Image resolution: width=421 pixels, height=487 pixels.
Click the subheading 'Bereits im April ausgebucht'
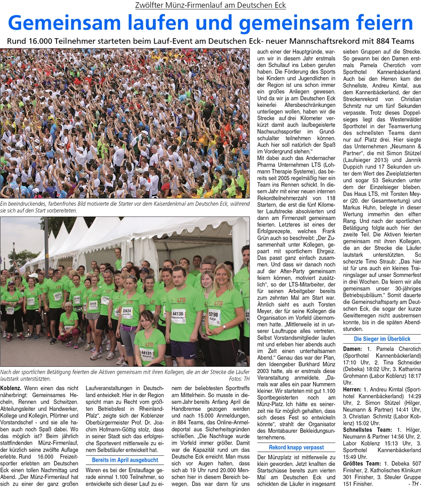pos(125,446)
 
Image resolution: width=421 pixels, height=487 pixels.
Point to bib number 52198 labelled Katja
pos(214,314)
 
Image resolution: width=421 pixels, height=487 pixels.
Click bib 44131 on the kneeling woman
pos(146,353)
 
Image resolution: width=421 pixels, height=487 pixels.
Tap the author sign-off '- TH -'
pos(412,482)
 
